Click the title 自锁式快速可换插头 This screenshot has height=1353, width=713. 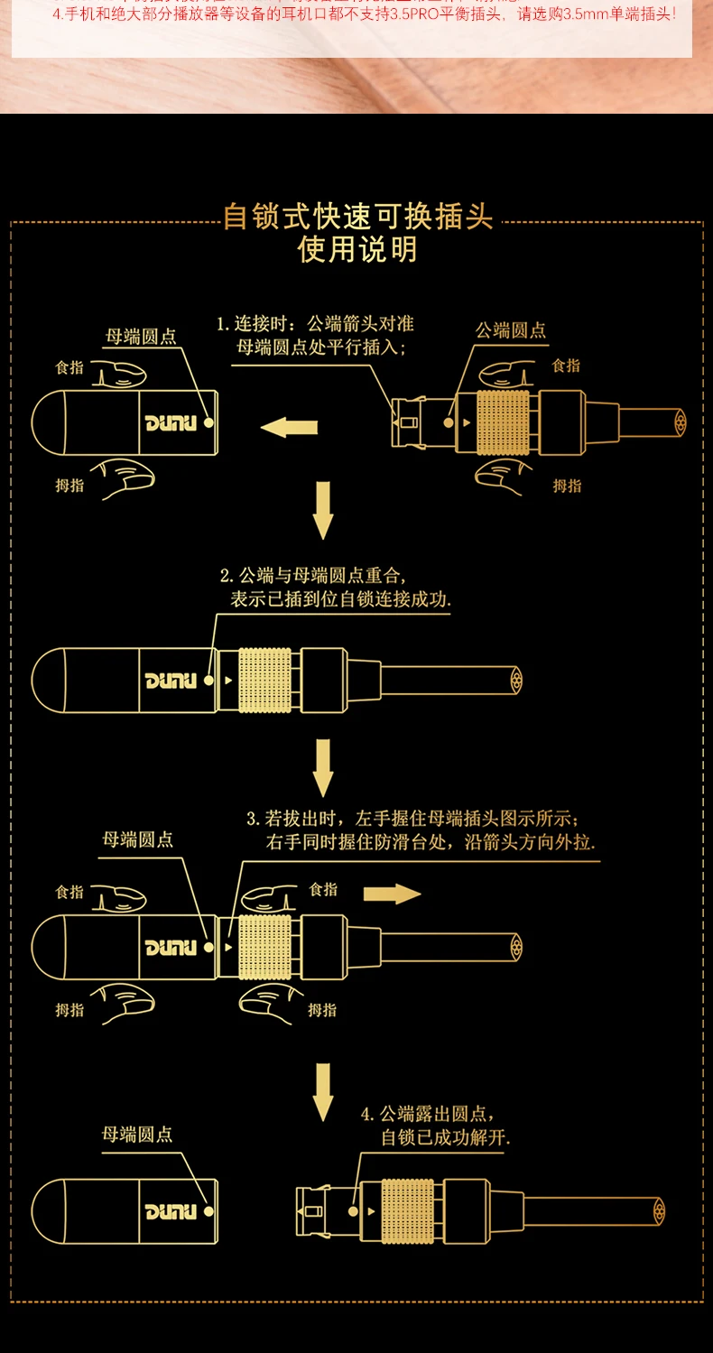coord(358,218)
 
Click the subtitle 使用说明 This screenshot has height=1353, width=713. coord(358,249)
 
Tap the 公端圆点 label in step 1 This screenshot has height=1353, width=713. coord(511,330)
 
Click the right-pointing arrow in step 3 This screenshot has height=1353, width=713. coord(392,894)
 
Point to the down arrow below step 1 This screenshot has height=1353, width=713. coord(323,510)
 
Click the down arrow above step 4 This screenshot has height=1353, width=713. coord(323,1091)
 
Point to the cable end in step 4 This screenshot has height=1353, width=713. coord(656,1211)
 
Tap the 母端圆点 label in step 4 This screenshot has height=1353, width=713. coord(137,1135)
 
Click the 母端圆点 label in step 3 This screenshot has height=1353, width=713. coord(137,839)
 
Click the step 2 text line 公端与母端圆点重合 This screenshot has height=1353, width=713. coord(313,575)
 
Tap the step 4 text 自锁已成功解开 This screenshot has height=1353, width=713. coord(446,1137)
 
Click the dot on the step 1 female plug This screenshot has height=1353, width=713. coord(208,422)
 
